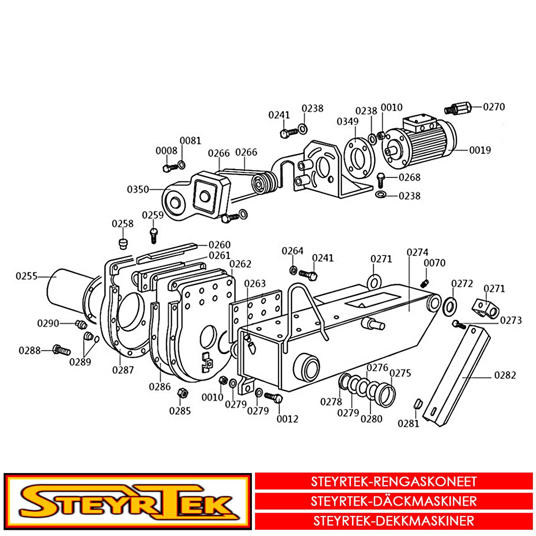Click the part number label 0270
pos(494,107)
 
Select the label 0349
pos(348,121)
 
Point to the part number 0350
pos(138,189)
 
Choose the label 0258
pos(122,224)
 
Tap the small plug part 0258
pos(123,244)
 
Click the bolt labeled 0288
pos(61,349)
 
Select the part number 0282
pos(505,375)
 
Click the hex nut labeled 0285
pos(183,393)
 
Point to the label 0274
pos(417,252)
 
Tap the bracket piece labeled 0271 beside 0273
pos(485,308)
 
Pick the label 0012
pos(287,419)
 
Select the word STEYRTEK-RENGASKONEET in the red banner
pos(394,482)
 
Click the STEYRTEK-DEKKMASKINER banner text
pos(394,521)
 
